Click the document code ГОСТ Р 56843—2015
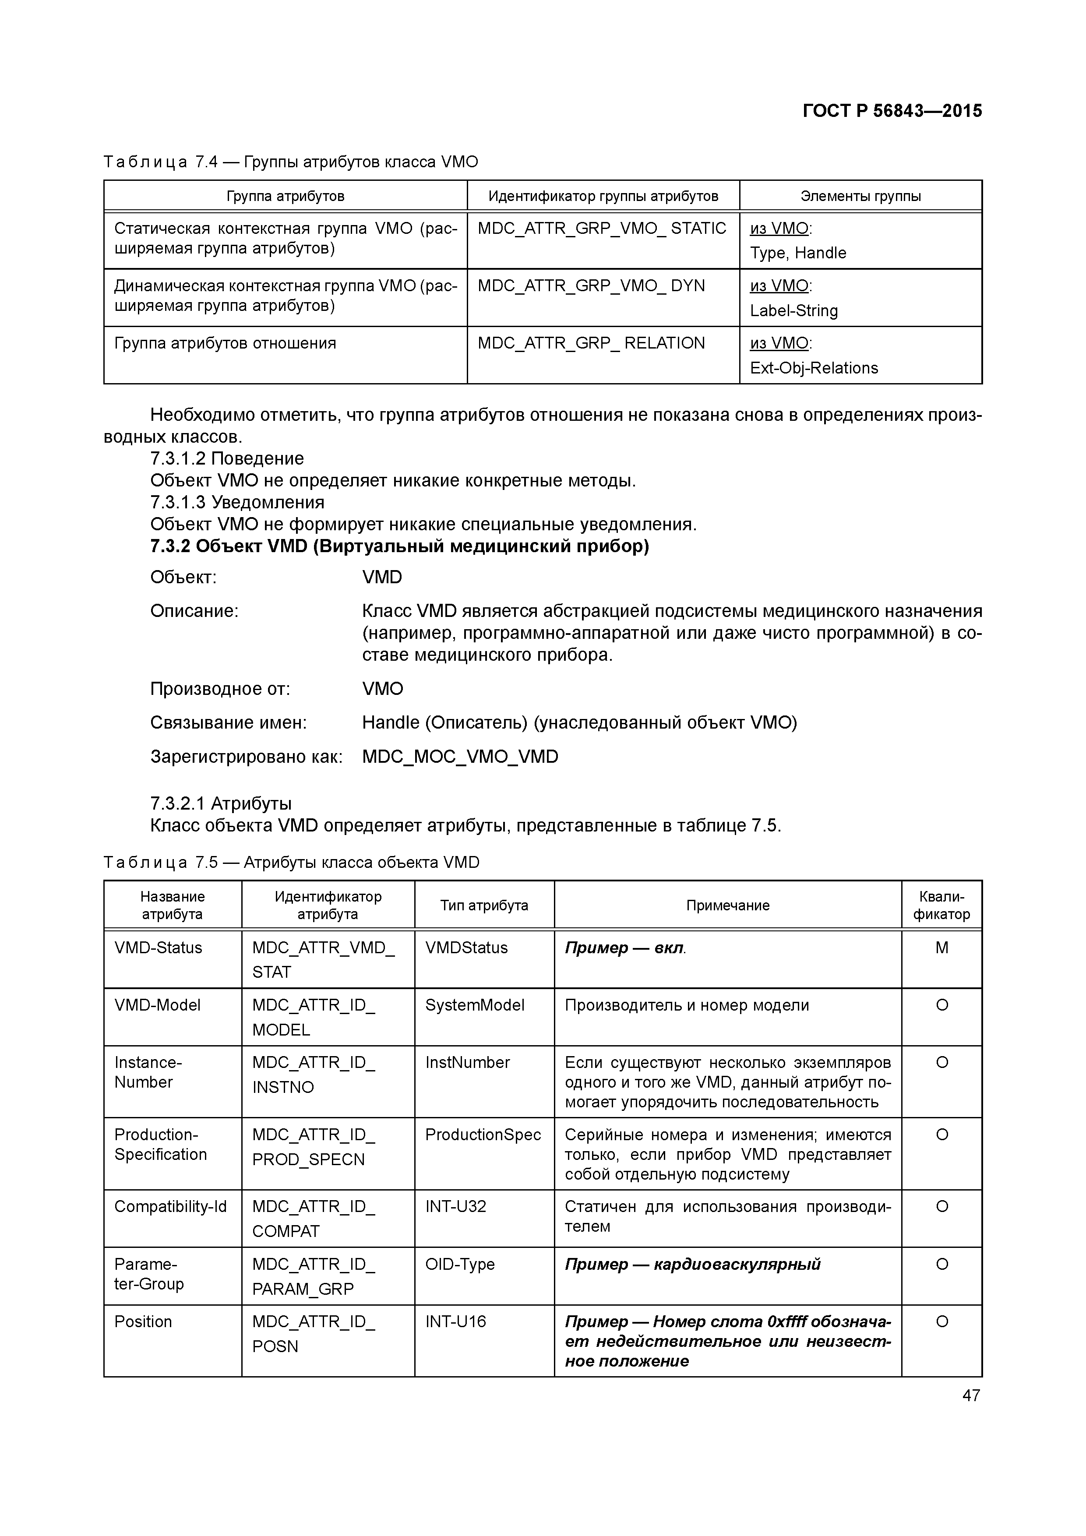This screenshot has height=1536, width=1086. coord(892,111)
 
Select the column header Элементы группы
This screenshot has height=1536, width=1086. coord(860,196)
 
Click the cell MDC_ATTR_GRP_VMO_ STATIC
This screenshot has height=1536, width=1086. coord(602,229)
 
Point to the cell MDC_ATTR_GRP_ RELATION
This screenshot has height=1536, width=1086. coord(591,343)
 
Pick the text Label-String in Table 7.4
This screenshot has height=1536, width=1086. coord(793,310)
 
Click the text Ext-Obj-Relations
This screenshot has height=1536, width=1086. coord(814,368)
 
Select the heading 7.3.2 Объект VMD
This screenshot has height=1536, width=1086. coord(399,546)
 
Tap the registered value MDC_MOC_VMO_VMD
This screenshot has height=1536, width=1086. coord(460,757)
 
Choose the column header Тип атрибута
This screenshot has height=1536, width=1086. coord(484,905)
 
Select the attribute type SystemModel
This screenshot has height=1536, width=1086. coord(474,1005)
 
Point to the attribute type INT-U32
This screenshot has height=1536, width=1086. coord(456,1206)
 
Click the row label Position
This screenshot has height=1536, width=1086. coord(143,1321)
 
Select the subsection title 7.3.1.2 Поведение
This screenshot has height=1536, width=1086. coord(227,458)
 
